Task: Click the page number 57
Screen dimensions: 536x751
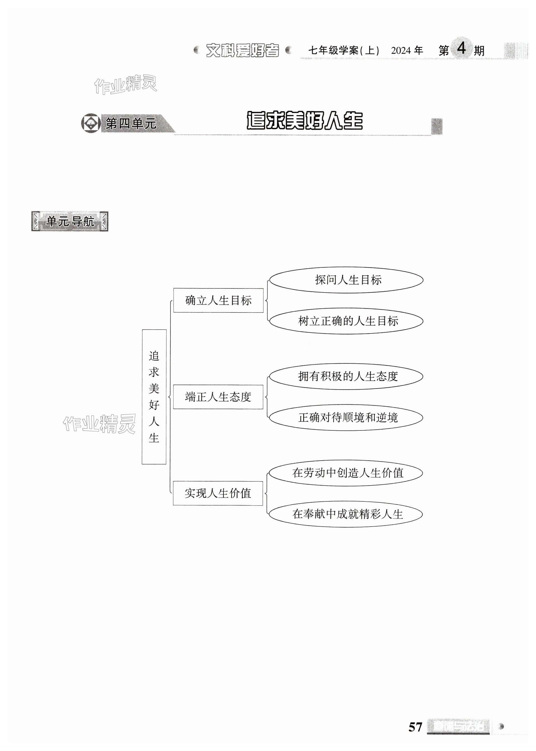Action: point(415,727)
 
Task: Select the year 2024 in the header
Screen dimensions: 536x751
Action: point(401,51)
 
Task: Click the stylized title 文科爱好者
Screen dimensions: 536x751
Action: point(243,51)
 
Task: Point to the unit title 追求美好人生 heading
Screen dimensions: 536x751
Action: point(304,121)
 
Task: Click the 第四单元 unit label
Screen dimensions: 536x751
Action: point(131,124)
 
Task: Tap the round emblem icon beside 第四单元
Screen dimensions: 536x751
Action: point(91,123)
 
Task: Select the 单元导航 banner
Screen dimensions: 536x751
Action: point(70,221)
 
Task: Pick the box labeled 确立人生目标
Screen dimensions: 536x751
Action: point(218,300)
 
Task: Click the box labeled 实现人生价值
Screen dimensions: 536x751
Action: point(218,493)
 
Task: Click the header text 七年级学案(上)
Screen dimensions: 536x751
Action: point(343,51)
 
